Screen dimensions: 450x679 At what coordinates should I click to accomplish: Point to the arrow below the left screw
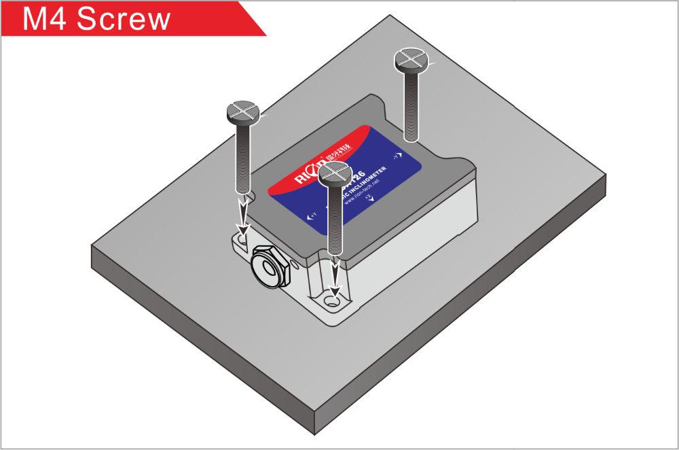(242, 216)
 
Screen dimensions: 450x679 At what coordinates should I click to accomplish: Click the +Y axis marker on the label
(312, 216)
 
